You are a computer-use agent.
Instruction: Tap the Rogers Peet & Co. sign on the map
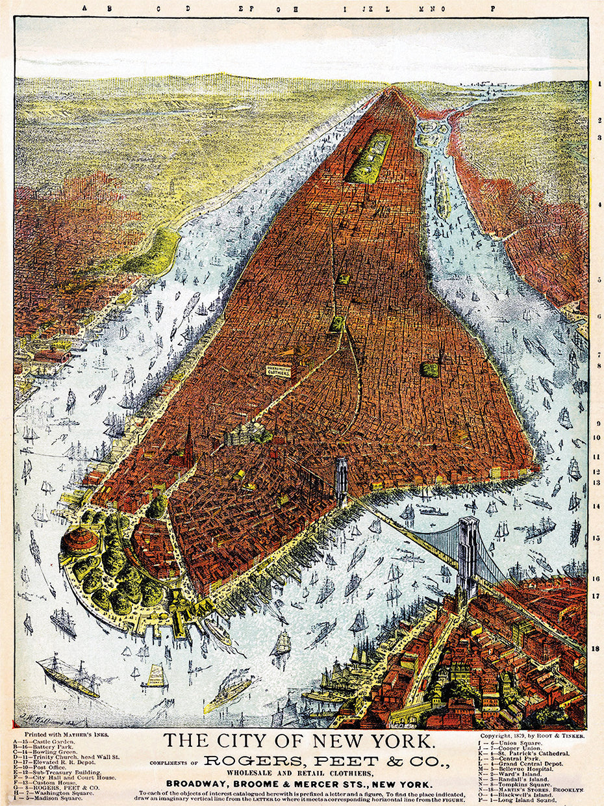click(x=278, y=369)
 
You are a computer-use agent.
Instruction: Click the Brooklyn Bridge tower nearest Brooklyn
click(x=467, y=556)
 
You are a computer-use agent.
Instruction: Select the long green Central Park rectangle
click(x=369, y=157)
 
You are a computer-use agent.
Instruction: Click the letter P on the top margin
click(x=493, y=8)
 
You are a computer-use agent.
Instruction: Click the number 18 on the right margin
click(x=596, y=648)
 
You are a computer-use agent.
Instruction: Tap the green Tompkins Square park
click(x=429, y=369)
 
